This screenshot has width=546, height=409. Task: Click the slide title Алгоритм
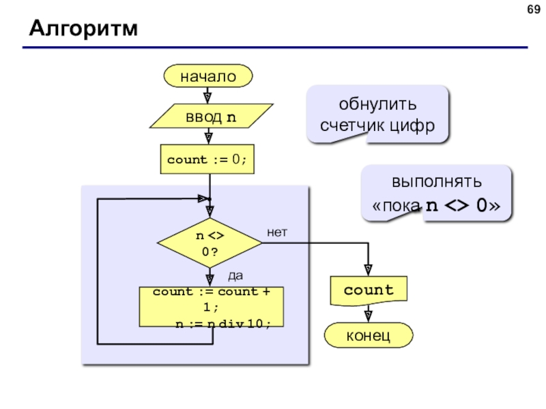click(83, 28)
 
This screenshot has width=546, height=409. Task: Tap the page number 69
click(534, 10)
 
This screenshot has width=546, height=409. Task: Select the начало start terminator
click(208, 76)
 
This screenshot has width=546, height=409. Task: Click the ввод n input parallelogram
click(211, 116)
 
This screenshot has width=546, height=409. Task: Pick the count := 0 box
click(207, 160)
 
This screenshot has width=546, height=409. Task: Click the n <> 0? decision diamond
click(210, 243)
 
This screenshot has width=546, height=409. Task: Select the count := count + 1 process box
click(212, 307)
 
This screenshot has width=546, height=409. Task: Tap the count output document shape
click(369, 291)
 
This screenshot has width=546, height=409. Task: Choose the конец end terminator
click(369, 335)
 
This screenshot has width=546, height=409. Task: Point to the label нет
click(277, 232)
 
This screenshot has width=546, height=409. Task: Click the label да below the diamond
click(235, 276)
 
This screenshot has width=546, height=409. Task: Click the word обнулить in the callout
click(377, 104)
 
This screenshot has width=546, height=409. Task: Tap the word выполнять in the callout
click(437, 181)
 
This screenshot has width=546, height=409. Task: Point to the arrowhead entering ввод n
click(207, 98)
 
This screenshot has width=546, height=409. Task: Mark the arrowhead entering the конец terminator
click(369, 316)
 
